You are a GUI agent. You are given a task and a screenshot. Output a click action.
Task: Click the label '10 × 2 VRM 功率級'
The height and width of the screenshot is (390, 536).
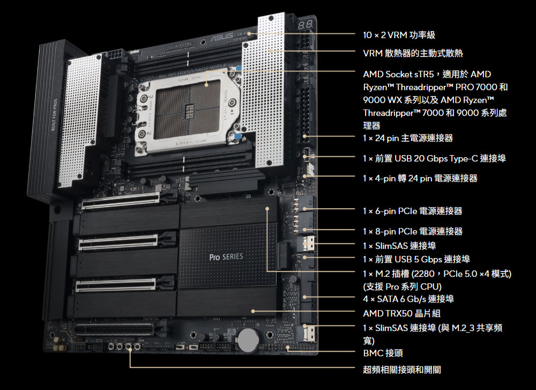pyautogui.click(x=399, y=35)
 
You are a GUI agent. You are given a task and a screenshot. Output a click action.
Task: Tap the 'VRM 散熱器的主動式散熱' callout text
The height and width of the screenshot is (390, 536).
pyautogui.click(x=413, y=53)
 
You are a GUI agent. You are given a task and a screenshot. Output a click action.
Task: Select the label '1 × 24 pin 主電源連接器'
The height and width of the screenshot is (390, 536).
pyautogui.click(x=408, y=138)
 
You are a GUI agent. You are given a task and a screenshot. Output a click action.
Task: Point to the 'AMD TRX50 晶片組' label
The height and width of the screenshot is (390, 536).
pyautogui.click(x=401, y=313)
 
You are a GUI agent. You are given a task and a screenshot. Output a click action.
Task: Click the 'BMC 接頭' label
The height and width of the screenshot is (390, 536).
pyautogui.click(x=383, y=353)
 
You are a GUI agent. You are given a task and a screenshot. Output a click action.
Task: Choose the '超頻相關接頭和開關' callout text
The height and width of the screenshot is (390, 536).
pyautogui.click(x=402, y=370)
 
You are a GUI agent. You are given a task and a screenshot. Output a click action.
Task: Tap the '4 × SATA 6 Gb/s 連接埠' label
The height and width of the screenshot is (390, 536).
pyautogui.click(x=408, y=299)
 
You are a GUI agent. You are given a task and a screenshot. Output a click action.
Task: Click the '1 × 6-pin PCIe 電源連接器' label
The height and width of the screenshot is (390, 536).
pyautogui.click(x=413, y=211)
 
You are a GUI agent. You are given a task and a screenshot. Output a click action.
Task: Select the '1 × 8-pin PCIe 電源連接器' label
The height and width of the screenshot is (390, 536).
pyautogui.click(x=413, y=231)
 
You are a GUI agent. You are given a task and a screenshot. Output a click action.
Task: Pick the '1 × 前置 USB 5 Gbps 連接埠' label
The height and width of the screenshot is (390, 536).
pyautogui.click(x=416, y=259)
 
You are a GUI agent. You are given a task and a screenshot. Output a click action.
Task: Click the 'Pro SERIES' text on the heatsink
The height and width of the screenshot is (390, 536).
pyautogui.click(x=226, y=256)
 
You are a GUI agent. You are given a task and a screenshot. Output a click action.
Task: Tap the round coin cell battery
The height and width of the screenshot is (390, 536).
pyautogui.click(x=249, y=340)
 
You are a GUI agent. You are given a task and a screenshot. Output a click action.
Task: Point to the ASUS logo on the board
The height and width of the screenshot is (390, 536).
pyautogui.click(x=222, y=37)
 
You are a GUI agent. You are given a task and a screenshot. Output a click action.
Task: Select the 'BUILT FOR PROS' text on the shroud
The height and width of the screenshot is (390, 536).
pyautogui.click(x=54, y=115)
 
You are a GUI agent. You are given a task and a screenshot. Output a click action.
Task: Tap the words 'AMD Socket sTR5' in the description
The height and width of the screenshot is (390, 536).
pyautogui.click(x=398, y=74)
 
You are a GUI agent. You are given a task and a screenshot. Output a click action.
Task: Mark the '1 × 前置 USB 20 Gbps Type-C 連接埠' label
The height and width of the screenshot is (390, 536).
pyautogui.click(x=435, y=158)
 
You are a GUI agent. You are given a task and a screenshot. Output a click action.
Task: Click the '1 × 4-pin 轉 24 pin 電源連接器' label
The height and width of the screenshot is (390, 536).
pyautogui.click(x=420, y=178)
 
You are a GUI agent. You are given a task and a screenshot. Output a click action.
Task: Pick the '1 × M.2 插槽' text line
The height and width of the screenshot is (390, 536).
pyautogui.click(x=387, y=274)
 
